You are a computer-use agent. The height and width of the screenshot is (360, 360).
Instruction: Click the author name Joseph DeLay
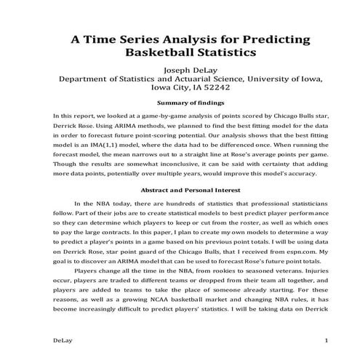(180, 71)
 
